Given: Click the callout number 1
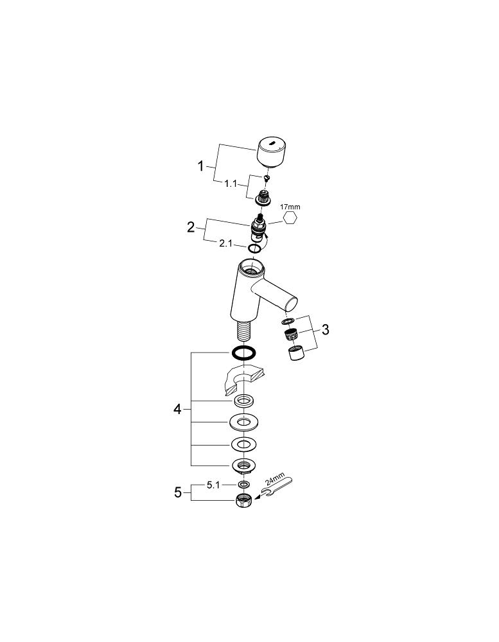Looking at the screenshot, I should click(x=201, y=166).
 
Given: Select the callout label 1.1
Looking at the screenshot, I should click(x=232, y=184).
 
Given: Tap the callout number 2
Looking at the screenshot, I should click(x=191, y=227).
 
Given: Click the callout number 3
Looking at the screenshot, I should click(x=325, y=330).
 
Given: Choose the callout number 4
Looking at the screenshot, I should click(x=178, y=409).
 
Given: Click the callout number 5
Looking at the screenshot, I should click(x=179, y=492).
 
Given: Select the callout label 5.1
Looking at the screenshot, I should click(x=214, y=485).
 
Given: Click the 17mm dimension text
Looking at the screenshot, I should click(x=290, y=207).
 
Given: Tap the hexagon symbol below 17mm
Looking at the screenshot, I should click(x=290, y=219).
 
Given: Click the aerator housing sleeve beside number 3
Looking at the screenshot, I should click(x=295, y=353).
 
